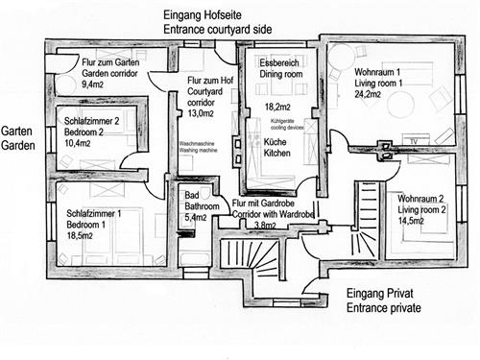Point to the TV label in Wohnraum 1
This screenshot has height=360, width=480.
[415, 141]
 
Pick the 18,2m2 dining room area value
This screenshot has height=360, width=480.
[276, 107]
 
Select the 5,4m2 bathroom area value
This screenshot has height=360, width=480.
[196, 218]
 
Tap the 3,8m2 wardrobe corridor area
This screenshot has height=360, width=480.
[267, 227]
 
